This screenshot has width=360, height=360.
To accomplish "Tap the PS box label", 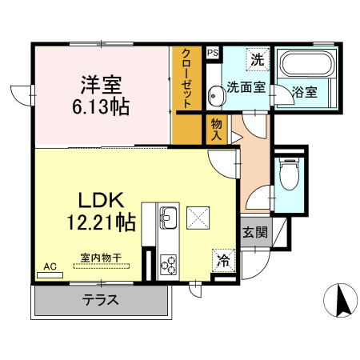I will (212, 53).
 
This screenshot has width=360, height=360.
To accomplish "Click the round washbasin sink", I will (214, 97).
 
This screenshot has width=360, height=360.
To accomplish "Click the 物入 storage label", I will (217, 129).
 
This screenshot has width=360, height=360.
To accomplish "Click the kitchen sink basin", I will (169, 216).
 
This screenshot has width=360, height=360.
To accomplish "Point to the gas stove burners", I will (169, 262).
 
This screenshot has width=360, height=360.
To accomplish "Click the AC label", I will (50, 266).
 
